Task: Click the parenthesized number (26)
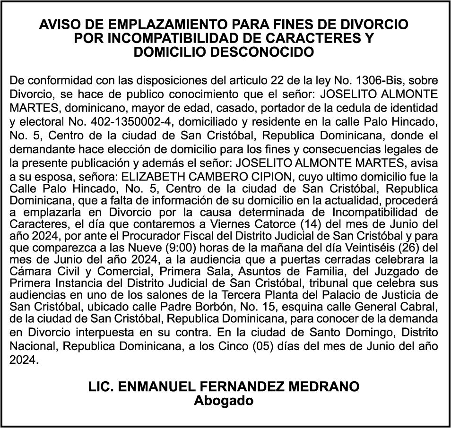[x=408, y=246]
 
